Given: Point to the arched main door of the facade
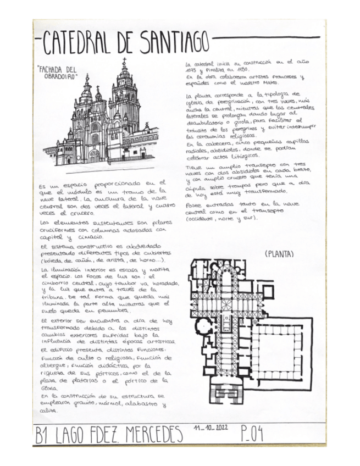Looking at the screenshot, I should pyautogui.click(x=94, y=156).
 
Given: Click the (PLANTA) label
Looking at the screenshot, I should pyautogui.click(x=279, y=254).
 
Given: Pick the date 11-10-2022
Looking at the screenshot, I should pyautogui.click(x=212, y=427).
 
